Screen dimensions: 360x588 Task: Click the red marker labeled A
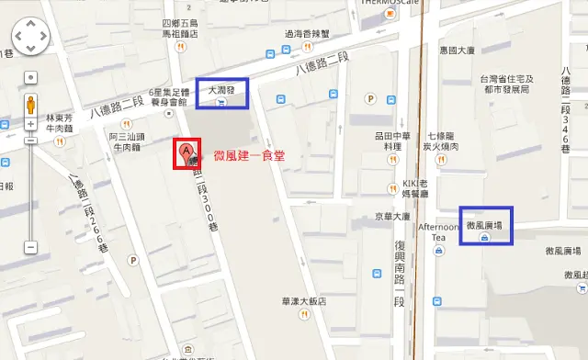187,152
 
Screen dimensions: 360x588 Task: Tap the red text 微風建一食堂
249,156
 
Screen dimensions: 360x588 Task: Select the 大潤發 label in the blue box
221,90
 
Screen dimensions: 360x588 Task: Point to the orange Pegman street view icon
30,103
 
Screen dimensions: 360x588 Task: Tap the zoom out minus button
30,246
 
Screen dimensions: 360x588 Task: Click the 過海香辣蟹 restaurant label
306,34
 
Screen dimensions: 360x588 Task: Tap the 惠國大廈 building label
457,51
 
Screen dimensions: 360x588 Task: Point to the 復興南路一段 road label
400,274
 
